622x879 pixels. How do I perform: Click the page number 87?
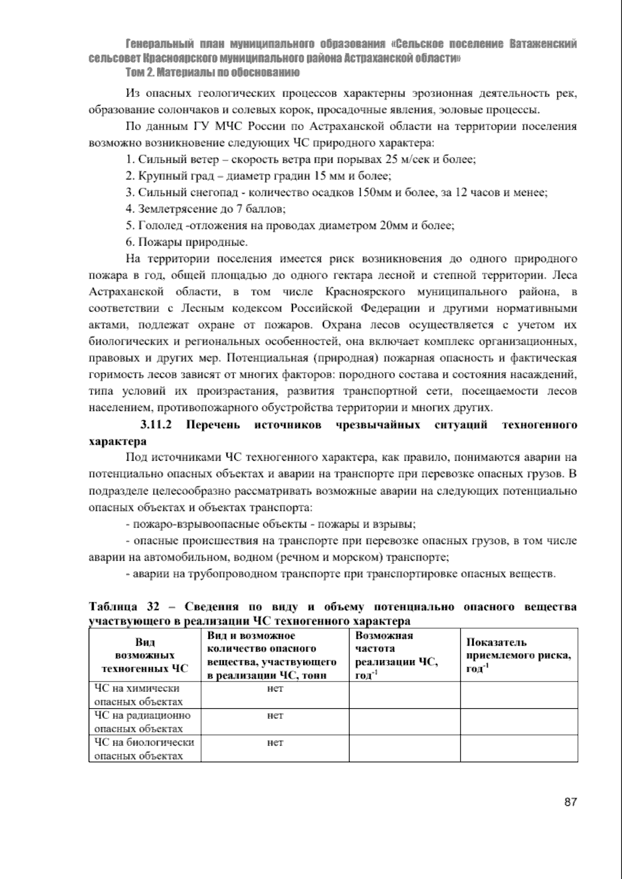tap(570, 802)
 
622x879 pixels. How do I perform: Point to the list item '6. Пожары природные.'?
tap(187, 243)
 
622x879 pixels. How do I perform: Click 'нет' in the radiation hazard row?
tap(275, 716)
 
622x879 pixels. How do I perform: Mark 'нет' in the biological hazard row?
tap(275, 743)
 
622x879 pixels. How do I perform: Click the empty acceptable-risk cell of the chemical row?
tap(518, 695)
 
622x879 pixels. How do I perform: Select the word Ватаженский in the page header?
tap(543, 44)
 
